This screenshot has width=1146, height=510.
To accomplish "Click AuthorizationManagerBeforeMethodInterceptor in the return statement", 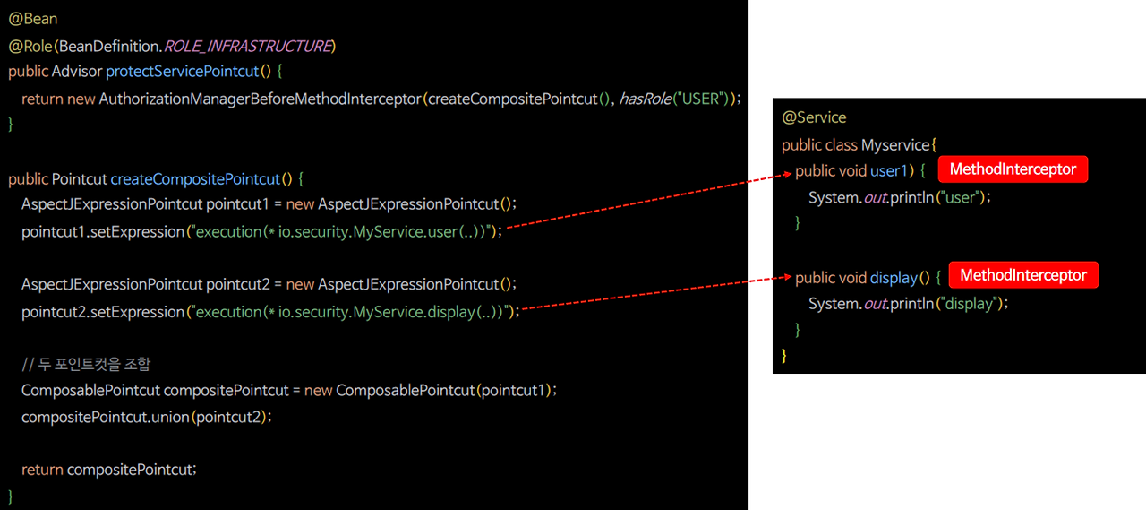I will [260, 99].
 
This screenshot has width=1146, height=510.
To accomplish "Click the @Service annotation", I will [814, 117].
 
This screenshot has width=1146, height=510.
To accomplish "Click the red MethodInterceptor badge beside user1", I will [1013, 169].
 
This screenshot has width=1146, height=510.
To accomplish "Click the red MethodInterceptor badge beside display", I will [1023, 275].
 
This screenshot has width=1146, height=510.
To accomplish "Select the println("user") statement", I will [899, 197].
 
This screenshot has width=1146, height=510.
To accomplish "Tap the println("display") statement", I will [908, 304].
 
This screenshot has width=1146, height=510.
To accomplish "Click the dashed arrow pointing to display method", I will [654, 293].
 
